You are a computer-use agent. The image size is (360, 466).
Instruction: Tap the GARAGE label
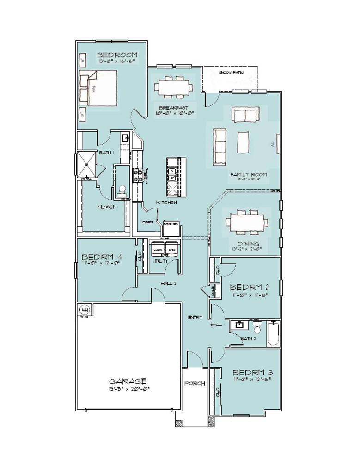tap(128, 381)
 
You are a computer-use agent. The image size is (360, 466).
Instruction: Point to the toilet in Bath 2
tap(258, 328)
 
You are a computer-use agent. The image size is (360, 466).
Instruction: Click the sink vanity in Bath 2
tap(239, 326)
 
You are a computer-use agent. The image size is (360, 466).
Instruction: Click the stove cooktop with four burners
tap(137, 175)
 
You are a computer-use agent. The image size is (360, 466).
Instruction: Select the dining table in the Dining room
tap(245, 222)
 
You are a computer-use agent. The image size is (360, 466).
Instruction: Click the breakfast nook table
tap(174, 87)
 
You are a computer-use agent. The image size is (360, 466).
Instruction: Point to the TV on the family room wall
tap(278, 145)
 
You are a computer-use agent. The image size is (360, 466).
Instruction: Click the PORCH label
tap(195, 383)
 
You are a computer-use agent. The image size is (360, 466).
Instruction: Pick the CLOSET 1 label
tap(108, 207)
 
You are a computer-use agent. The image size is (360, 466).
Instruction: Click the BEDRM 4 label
tap(102, 257)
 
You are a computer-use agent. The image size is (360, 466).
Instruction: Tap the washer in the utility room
tap(157, 249)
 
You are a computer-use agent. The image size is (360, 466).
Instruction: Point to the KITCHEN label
tap(166, 202)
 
